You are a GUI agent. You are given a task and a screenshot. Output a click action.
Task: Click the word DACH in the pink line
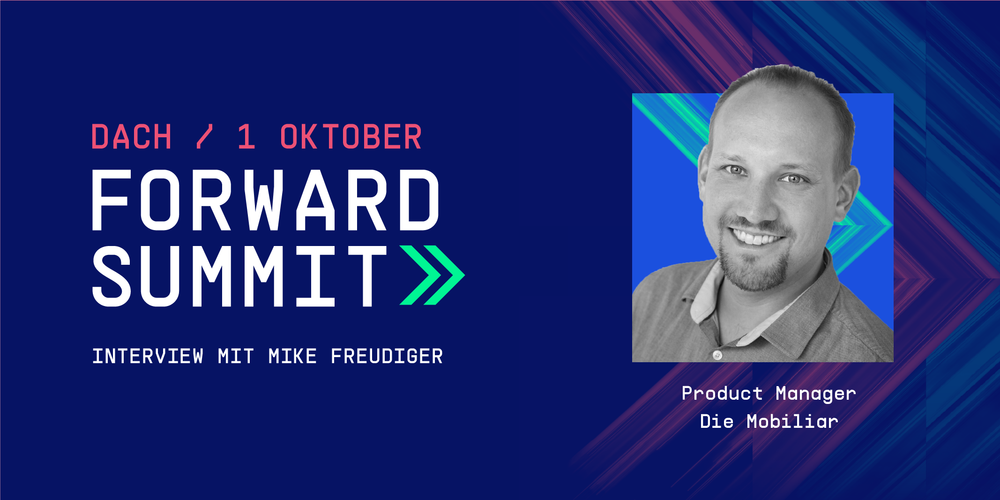[x=132, y=137]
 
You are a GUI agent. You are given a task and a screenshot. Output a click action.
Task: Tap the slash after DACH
[x=205, y=137]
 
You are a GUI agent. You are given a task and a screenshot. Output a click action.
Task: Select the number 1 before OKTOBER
[x=246, y=137]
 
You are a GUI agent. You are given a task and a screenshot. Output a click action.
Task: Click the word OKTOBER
[x=351, y=137]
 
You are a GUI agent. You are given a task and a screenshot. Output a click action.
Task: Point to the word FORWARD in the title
[x=265, y=200]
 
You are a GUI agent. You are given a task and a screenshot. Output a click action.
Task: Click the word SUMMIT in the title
[x=239, y=276]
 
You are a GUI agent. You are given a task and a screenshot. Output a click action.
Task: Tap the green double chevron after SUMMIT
[x=432, y=275]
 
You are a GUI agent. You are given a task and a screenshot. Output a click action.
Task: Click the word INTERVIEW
[x=148, y=357]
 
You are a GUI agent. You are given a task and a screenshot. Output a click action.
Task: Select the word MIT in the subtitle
[x=236, y=357]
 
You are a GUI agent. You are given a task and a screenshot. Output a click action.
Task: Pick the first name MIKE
[x=293, y=357]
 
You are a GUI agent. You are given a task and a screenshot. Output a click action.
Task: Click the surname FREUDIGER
[x=387, y=357]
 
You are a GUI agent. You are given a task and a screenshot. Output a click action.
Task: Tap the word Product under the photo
[x=722, y=393]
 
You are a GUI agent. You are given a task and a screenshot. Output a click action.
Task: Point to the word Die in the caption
[x=717, y=421]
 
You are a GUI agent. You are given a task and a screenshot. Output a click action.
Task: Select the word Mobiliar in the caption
[x=792, y=421]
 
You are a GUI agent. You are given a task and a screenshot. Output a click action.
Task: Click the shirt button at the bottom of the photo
[x=716, y=355]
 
